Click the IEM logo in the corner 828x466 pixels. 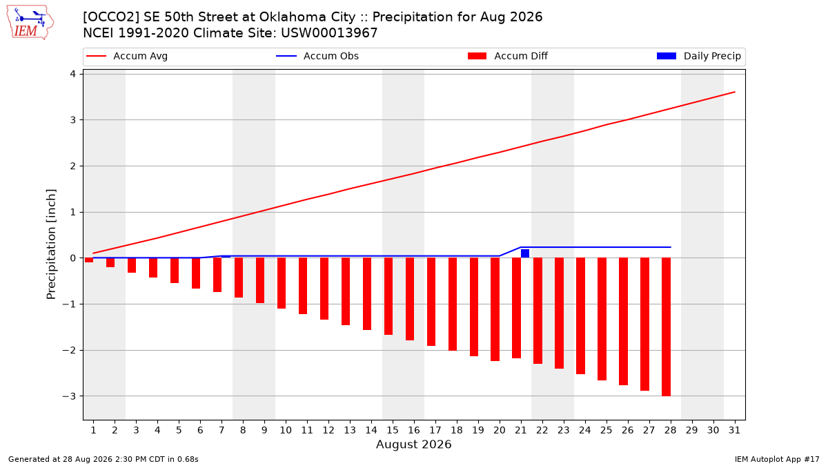[30, 23]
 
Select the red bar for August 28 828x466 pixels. [666, 327]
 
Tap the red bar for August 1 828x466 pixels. [89, 260]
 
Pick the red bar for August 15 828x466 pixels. [388, 296]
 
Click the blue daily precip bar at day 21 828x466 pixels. [525, 253]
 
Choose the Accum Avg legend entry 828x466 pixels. [127, 56]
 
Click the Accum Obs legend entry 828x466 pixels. [317, 56]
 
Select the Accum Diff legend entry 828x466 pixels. [508, 56]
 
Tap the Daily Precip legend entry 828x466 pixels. [699, 56]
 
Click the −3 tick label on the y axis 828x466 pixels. [69, 396]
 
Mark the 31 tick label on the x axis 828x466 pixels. [734, 430]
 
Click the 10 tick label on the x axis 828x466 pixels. [286, 430]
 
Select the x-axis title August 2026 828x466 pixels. [414, 444]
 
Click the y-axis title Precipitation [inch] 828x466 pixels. [51, 244]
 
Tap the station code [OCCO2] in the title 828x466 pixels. [111, 17]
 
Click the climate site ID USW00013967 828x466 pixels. [329, 33]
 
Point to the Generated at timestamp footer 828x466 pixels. [103, 459]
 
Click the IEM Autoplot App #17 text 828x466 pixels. [777, 459]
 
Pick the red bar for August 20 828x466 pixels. [495, 309]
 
